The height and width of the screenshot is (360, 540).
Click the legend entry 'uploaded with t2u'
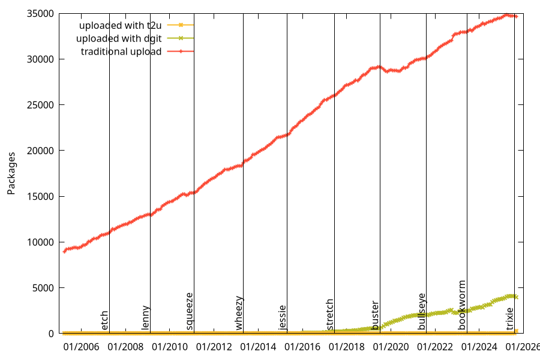click(121, 25)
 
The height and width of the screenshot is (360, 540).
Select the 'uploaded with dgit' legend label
click(119, 38)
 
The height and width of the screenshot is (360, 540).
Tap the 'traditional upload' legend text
click(121, 52)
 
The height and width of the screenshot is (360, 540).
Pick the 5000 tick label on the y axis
click(44, 288)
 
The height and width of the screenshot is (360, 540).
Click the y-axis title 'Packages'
click(11, 173)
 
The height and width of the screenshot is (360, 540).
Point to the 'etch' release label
click(105, 320)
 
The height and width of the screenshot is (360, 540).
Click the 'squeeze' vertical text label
click(190, 311)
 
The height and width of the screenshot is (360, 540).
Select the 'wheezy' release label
click(239, 313)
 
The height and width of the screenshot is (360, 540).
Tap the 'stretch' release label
click(330, 314)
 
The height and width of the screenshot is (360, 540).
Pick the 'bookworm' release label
click(462, 305)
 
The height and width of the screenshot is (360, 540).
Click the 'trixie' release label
click(510, 319)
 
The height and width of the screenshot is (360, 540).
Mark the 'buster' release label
click(376, 315)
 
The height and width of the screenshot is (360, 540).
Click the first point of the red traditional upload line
click(65, 251)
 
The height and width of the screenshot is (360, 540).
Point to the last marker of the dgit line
click(516, 297)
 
